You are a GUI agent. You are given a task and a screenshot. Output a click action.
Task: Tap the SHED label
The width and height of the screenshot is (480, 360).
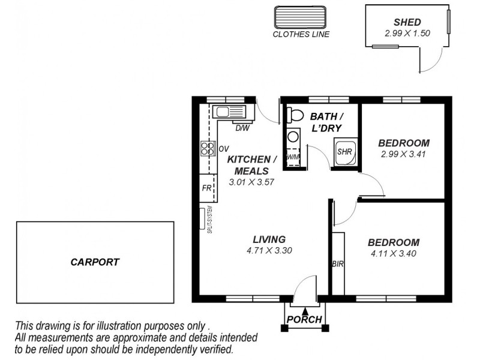pyautogui.click(x=407, y=22)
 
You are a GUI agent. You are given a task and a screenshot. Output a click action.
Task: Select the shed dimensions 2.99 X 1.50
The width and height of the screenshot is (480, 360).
pyautogui.click(x=407, y=34)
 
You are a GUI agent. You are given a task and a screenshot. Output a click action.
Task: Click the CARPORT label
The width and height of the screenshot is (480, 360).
pyautogui.click(x=95, y=262)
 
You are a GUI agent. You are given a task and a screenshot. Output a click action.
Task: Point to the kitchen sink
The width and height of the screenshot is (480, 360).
pyautogui.click(x=227, y=111)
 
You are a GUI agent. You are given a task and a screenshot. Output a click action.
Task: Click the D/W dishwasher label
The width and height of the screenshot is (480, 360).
pyautogui.click(x=242, y=128)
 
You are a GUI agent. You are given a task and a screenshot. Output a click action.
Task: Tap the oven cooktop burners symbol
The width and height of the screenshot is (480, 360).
pyautogui.click(x=207, y=148)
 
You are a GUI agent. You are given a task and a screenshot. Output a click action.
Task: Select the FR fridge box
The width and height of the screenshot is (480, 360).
pyautogui.click(x=207, y=188)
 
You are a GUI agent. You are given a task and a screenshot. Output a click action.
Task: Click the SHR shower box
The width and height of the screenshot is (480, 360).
pyautogui.click(x=345, y=152)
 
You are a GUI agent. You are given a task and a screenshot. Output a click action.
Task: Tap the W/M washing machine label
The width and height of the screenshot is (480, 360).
pyautogui.click(x=292, y=157)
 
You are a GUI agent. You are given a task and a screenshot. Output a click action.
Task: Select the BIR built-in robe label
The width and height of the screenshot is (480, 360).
pyautogui.click(x=337, y=263)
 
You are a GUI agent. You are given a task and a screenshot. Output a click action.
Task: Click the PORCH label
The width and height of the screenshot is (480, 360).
pyautogui.click(x=305, y=319)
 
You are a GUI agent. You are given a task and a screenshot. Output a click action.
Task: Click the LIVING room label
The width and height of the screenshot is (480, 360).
pyautogui.click(x=269, y=239)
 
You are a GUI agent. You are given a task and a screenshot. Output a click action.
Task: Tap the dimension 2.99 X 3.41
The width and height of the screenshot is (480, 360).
pyautogui.click(x=403, y=154)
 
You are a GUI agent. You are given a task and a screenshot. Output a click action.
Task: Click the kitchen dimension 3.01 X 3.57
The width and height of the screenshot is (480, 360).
pyautogui.click(x=251, y=181)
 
